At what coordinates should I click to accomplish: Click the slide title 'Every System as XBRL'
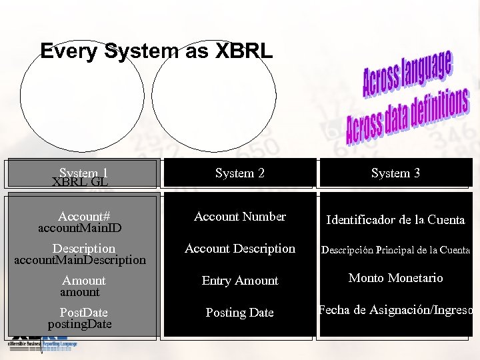(x=156, y=51)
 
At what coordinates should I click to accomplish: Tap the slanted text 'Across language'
(x=407, y=73)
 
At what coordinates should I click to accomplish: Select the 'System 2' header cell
(x=240, y=173)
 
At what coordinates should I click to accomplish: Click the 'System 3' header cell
(x=396, y=173)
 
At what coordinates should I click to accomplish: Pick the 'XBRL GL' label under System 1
(x=80, y=182)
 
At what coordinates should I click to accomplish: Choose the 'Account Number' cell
(x=240, y=217)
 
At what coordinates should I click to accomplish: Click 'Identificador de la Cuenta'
(x=396, y=220)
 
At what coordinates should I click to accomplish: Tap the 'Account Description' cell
(x=240, y=249)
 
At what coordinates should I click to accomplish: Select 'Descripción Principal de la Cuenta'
(x=396, y=251)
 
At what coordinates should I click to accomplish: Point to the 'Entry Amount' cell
(x=240, y=281)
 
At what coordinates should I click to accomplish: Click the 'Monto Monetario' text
(x=396, y=278)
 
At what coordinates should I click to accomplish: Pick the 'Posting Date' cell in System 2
(x=240, y=313)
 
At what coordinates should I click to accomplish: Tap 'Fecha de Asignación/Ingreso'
(x=396, y=310)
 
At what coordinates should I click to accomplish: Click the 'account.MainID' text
(x=80, y=228)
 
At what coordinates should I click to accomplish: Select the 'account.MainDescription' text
(x=80, y=260)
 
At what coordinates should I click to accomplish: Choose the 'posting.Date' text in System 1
(x=80, y=325)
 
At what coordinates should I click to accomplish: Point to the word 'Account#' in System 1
(x=84, y=217)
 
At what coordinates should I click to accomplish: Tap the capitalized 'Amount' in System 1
(x=84, y=281)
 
